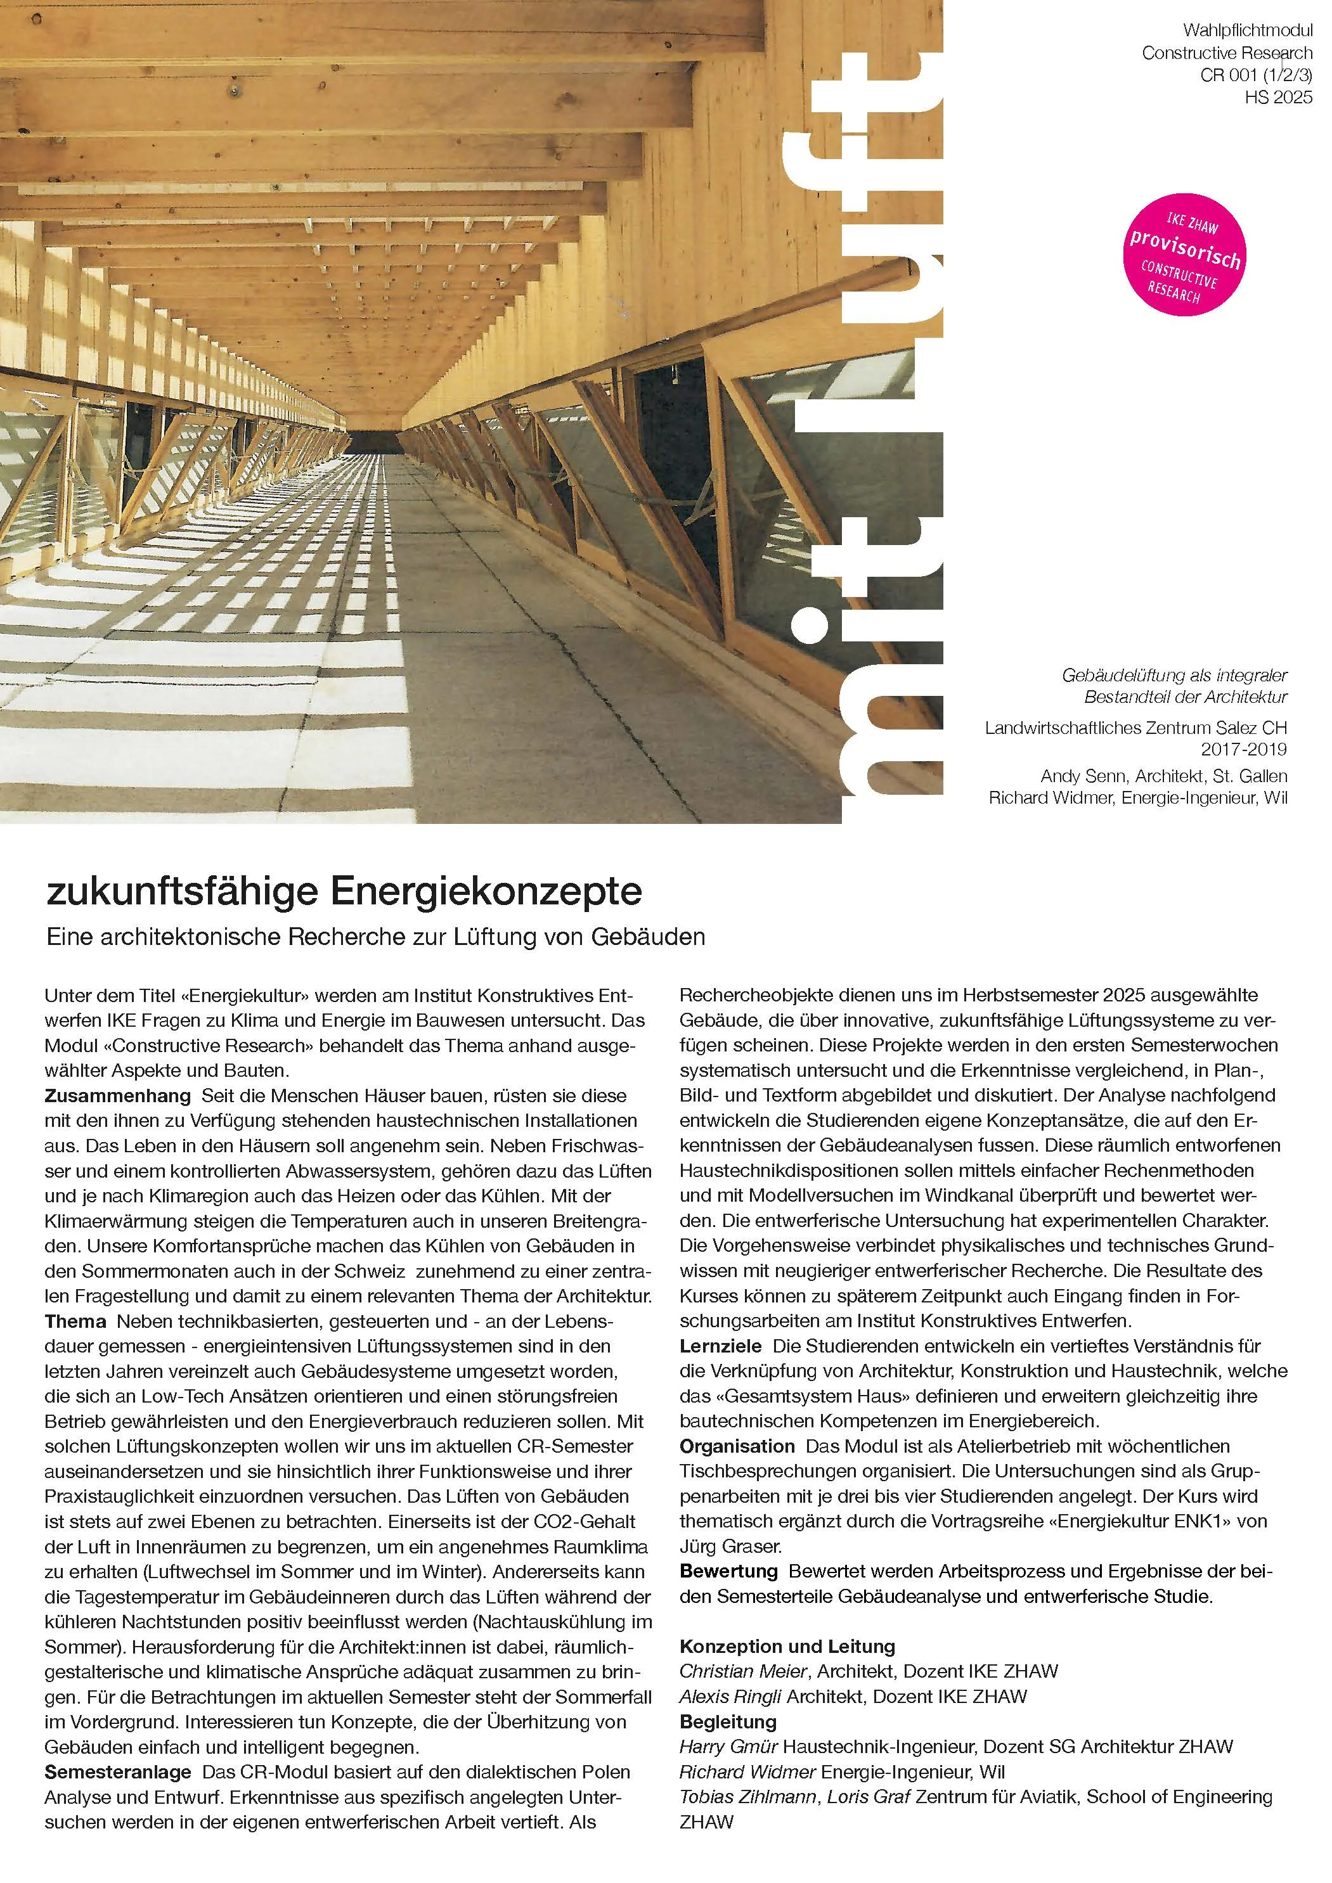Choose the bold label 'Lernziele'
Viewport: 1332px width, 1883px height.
click(720, 1346)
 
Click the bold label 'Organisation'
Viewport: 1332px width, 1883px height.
click(737, 1446)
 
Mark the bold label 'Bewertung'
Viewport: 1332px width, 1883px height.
click(728, 1571)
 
